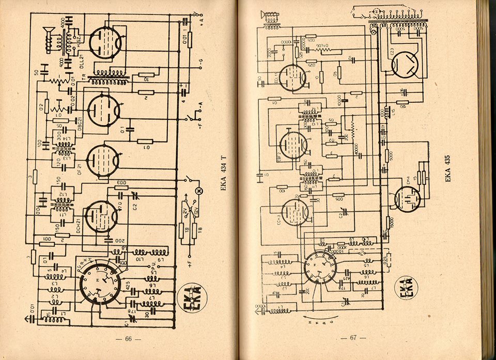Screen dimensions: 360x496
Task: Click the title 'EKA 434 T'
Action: tap(223, 174)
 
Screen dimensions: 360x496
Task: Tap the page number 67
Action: tap(353, 338)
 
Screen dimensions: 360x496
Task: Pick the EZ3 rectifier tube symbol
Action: tap(407, 65)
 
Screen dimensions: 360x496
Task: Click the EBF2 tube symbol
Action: tap(293, 144)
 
